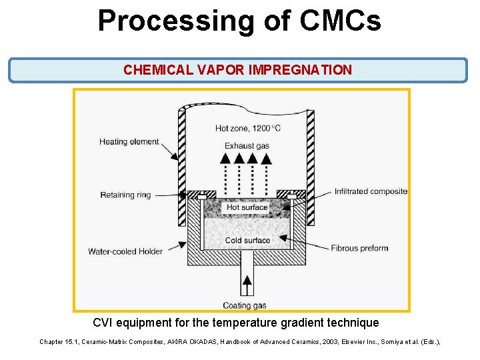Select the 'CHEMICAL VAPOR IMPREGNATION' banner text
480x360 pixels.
[x=237, y=70]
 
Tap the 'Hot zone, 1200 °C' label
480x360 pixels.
[x=247, y=127]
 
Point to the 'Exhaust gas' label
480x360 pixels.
[x=247, y=145]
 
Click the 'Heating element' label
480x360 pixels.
[x=129, y=141]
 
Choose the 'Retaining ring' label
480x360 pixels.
[x=126, y=195]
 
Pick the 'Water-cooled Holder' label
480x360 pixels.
[x=126, y=251]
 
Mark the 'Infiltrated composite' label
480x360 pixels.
[x=371, y=191]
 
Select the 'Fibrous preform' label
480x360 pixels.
[x=359, y=248]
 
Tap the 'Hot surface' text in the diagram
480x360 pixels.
[x=247, y=207]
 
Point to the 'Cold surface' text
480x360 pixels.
[x=247, y=240]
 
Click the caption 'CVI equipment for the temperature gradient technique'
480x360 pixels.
[x=236, y=323]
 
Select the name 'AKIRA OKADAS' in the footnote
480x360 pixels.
[x=204, y=342]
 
